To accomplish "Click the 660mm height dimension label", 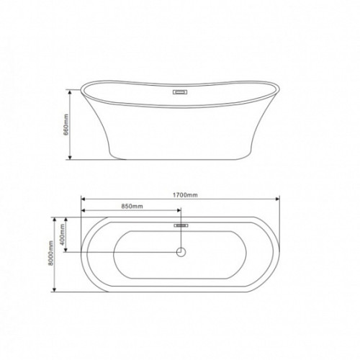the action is tap(66, 125).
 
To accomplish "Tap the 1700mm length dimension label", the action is tap(185, 195).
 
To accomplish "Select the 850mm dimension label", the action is tap(132, 206).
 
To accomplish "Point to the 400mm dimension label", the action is tap(63, 235).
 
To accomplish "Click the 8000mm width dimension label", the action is tap(50, 253).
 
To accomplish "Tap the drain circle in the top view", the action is tap(181, 252).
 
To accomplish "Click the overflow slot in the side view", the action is tap(180, 92).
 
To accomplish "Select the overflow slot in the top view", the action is tap(181, 225).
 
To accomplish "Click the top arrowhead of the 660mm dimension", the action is tap(70, 92).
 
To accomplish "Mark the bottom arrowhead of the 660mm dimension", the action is tap(70, 157).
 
